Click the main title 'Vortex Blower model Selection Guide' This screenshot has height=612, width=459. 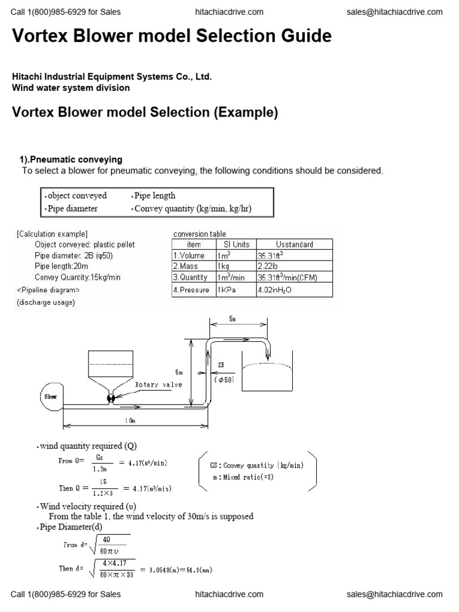click(172, 36)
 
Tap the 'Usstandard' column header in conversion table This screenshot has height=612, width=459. click(294, 244)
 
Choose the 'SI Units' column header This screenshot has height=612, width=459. click(236, 244)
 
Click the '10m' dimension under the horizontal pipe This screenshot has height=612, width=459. click(130, 421)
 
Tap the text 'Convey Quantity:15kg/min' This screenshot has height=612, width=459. click(77, 277)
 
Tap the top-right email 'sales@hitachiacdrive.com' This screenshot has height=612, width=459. click(394, 12)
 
